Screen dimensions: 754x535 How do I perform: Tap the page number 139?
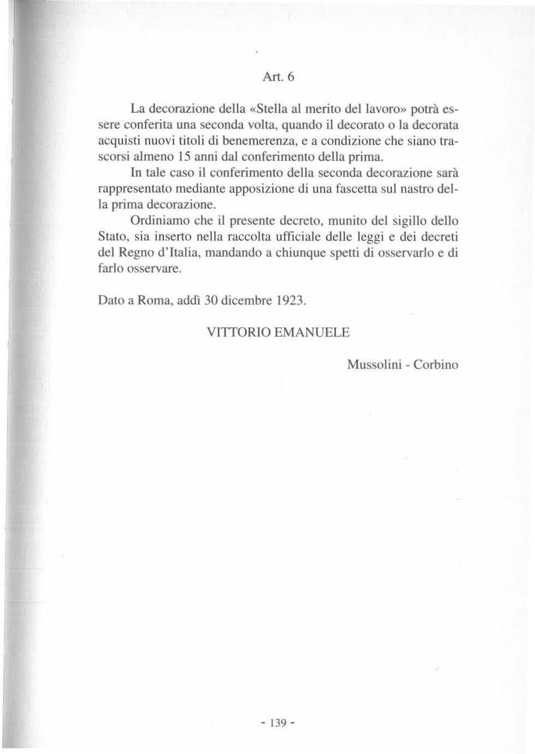[x=279, y=722]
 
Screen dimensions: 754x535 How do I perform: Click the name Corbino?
[x=436, y=365]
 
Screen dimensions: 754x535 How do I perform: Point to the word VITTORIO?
[x=238, y=332]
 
